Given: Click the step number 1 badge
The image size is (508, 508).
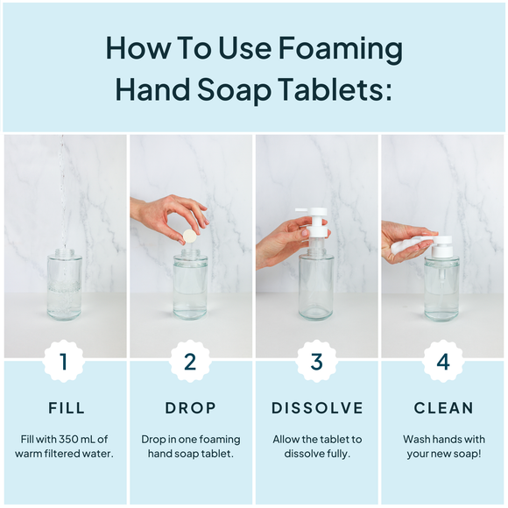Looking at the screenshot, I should pyautogui.click(x=64, y=361).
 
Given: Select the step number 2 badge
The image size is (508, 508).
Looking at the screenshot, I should pyautogui.click(x=190, y=361).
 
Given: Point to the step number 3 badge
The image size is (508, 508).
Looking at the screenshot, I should pyautogui.click(x=316, y=361).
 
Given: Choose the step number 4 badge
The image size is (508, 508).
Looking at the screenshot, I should pyautogui.click(x=442, y=361).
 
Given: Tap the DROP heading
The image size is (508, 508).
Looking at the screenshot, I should pyautogui.click(x=190, y=408).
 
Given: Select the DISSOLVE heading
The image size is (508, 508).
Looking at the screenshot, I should pyautogui.click(x=316, y=408).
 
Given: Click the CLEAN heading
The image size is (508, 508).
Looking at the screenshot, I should pyautogui.click(x=442, y=408).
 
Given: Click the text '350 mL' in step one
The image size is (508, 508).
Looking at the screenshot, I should pyautogui.click(x=77, y=439).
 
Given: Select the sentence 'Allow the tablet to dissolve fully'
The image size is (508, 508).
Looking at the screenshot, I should pyautogui.click(x=316, y=446).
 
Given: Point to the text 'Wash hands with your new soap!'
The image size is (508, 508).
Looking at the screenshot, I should pyautogui.click(x=442, y=446).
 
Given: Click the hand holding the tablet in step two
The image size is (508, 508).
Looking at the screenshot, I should pyautogui.click(x=162, y=213).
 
